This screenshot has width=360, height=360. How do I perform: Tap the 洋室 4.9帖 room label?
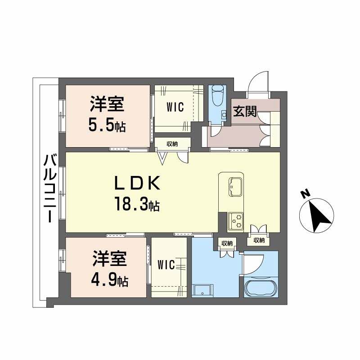(x=110, y=270)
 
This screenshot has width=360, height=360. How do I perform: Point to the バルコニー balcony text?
(x=49, y=187)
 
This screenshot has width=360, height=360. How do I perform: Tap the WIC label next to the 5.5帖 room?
(x=175, y=107)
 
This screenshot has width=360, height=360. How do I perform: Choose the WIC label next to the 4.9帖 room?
(x=166, y=265)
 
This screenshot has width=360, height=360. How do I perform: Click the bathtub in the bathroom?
(x=261, y=288)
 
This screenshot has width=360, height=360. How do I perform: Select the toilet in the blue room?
(x=217, y=95)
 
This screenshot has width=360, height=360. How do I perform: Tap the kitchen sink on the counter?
(x=235, y=186)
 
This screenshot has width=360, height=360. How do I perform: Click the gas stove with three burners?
(x=235, y=220)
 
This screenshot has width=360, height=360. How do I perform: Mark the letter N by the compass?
(x=305, y=194)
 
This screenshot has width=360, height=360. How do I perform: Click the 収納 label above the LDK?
(x=172, y=144)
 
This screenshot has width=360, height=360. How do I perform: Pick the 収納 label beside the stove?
(x=259, y=241)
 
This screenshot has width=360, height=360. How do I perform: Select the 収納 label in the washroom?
(x=226, y=243)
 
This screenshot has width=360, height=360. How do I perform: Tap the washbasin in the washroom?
(x=200, y=290)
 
